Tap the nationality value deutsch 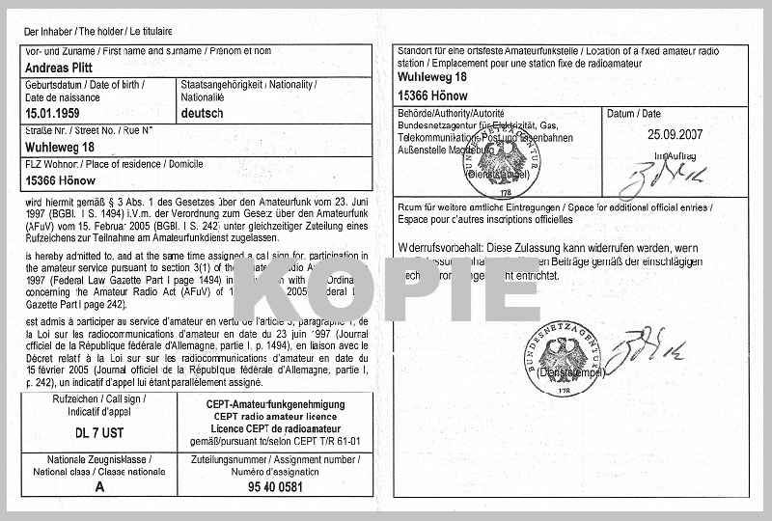coord(203,113)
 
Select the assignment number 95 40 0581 coord(274,487)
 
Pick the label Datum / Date coord(634,114)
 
